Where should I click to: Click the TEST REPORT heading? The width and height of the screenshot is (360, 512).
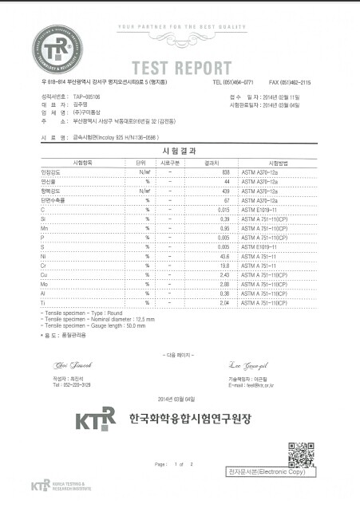tap(181, 66)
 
